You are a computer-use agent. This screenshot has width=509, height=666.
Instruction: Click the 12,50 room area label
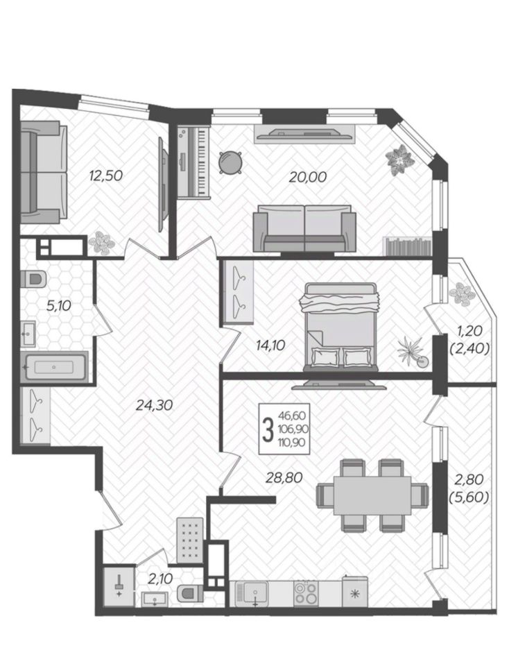[105, 175]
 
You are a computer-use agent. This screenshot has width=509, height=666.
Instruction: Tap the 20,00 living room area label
[308, 177]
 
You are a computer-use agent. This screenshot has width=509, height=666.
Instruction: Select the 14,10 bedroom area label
[270, 345]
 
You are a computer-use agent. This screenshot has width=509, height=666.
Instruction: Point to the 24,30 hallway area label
[154, 405]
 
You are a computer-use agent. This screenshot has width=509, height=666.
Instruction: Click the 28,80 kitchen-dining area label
[284, 477]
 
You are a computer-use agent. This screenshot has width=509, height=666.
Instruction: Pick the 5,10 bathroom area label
[58, 305]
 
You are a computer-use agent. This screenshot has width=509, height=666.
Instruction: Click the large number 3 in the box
[268, 429]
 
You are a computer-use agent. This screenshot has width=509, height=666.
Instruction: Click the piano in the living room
[193, 162]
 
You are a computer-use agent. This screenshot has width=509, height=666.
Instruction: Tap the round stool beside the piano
[230, 162]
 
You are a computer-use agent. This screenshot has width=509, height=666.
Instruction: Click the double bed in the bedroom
[341, 327]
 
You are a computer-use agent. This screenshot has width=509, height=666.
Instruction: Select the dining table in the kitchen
[372, 495]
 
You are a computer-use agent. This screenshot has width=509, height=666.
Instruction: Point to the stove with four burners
[306, 593]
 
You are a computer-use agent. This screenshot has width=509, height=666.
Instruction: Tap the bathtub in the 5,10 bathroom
[54, 366]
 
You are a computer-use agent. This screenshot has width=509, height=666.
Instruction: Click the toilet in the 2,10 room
[189, 592]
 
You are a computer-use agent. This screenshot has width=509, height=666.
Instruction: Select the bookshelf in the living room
[408, 246]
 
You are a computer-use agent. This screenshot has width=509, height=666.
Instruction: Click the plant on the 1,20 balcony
[461, 293]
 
